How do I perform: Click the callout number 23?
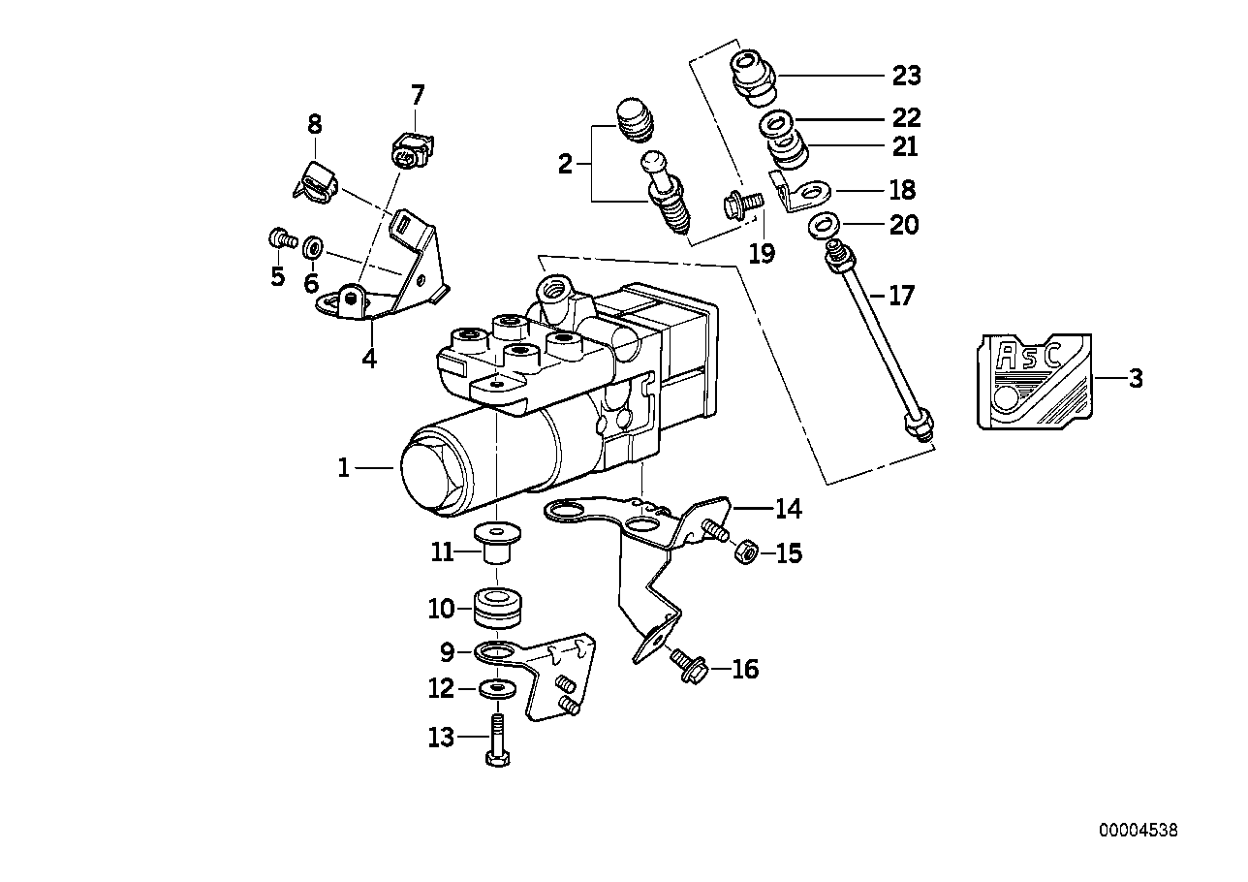pyautogui.click(x=906, y=76)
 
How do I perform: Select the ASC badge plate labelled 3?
pyautogui.click(x=1033, y=380)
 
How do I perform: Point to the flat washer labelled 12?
pyautogui.click(x=497, y=689)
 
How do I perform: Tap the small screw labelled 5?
pyautogui.click(x=279, y=237)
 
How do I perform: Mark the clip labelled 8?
pyautogui.click(x=315, y=181)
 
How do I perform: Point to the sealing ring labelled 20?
pyautogui.click(x=825, y=225)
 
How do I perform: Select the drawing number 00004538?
pyautogui.click(x=1139, y=831)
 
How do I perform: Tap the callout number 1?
pyautogui.click(x=342, y=468)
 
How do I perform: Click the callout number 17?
pyautogui.click(x=900, y=295)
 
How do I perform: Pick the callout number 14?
pyautogui.click(x=788, y=507)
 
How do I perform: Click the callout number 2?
pyautogui.click(x=565, y=164)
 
